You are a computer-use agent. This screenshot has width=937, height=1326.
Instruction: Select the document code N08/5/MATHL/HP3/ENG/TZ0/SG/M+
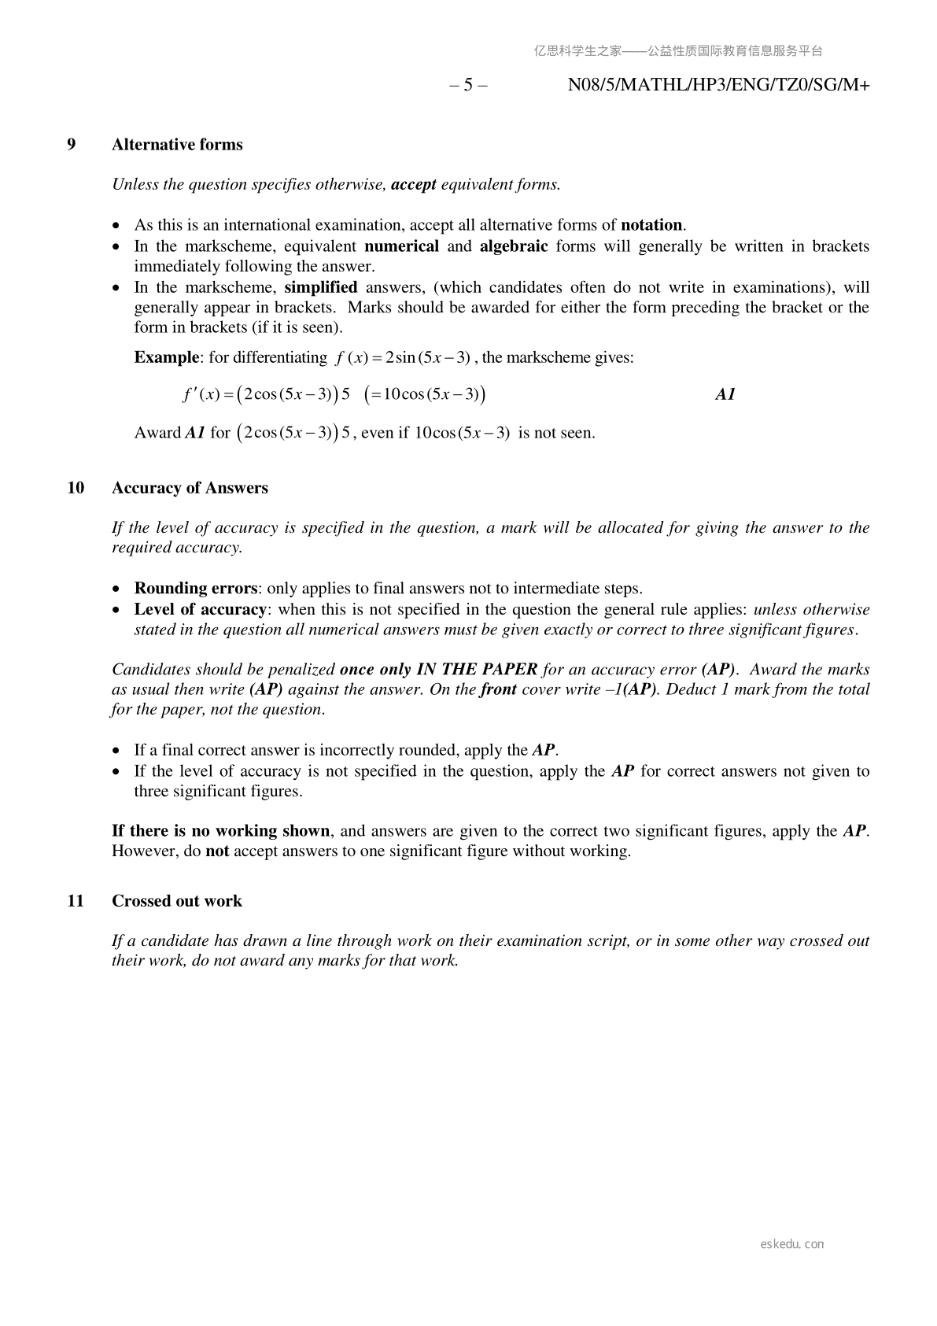point(718,85)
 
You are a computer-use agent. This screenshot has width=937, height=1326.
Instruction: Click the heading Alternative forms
point(177,145)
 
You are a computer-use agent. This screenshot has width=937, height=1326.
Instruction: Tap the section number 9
point(72,145)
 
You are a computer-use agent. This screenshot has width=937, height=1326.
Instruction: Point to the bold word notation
point(651,225)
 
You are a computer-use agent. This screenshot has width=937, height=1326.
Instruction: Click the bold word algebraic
point(513,246)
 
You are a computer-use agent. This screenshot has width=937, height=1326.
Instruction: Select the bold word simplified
point(320,287)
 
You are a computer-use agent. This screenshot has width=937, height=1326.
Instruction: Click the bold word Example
point(166,358)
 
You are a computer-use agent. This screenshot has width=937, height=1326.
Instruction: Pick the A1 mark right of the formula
point(725,395)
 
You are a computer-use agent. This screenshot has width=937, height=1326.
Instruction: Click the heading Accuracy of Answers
point(190,488)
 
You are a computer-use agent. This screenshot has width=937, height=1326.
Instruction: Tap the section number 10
point(76,488)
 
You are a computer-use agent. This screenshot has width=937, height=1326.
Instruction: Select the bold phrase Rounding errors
point(195,589)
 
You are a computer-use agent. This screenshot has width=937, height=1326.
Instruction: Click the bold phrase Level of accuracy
point(200,609)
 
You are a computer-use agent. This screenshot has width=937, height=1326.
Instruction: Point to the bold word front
point(498,689)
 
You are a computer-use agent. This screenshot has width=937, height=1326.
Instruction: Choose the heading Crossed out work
point(177,901)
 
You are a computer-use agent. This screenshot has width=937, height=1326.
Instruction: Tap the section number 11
point(76,901)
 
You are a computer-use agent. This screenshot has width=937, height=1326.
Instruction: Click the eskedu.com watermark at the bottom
point(792,1244)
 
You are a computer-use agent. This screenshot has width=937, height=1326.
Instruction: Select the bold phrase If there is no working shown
point(220,831)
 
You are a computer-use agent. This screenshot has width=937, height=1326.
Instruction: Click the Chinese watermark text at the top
point(678,51)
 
